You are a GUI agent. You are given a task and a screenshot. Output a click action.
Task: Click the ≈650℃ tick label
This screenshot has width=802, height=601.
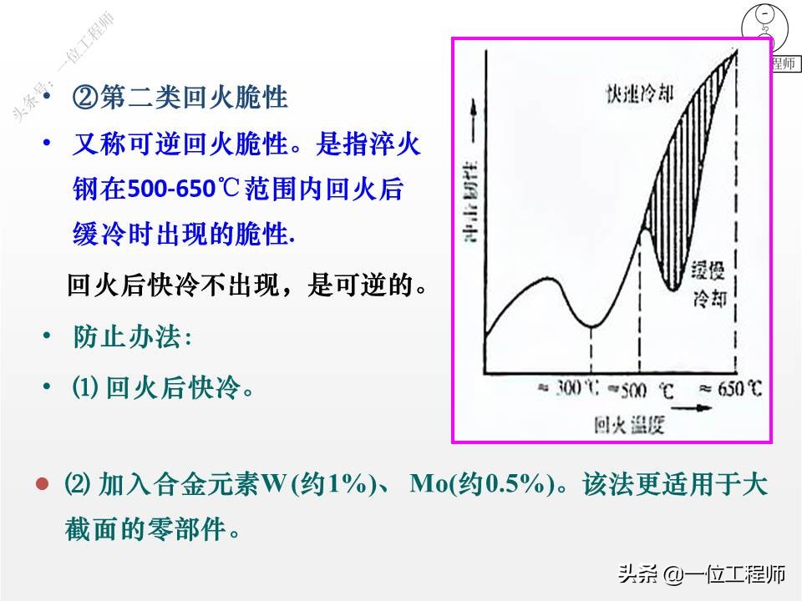(x=731, y=389)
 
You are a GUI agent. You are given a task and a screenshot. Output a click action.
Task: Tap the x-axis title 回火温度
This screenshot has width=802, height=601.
(x=628, y=425)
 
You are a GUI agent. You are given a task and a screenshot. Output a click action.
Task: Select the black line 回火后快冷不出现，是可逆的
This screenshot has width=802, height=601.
(x=247, y=286)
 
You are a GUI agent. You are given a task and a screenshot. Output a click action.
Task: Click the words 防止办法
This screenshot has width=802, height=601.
(x=131, y=338)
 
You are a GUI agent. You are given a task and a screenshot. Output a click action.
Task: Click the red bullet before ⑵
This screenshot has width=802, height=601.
(x=41, y=484)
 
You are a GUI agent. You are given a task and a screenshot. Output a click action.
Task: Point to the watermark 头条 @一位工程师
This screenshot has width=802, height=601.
(x=702, y=574)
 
